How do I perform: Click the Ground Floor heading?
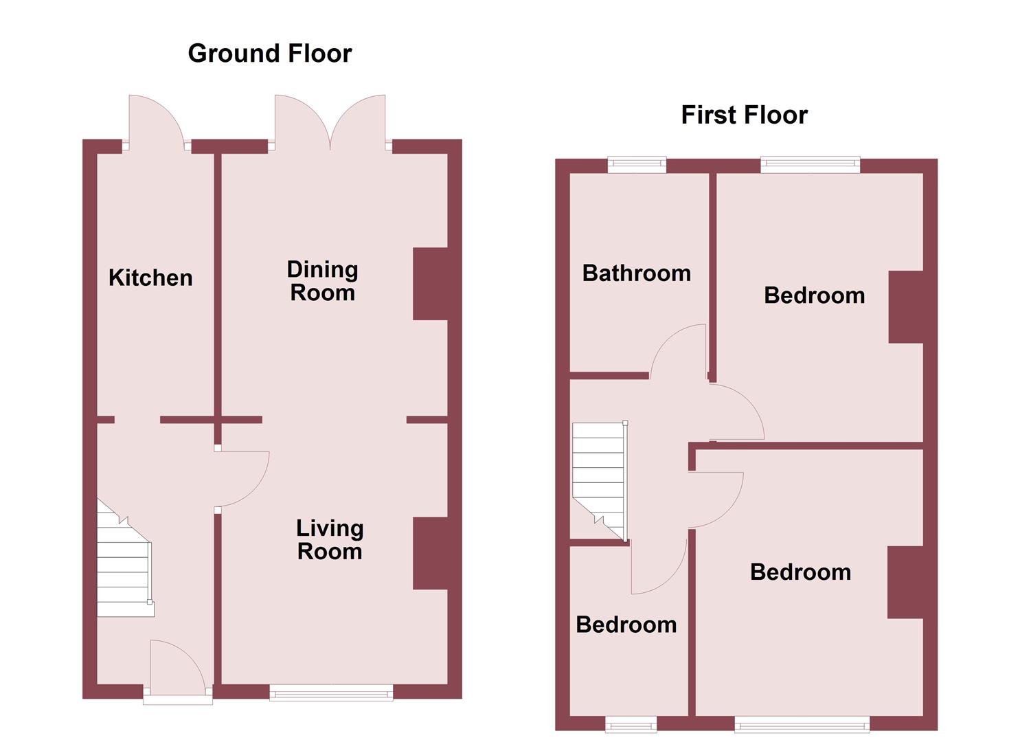point(269,54)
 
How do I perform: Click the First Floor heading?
point(744,115)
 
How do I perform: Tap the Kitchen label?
point(150,278)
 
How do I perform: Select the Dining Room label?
point(322,281)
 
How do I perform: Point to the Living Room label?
point(329,540)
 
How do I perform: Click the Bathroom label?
point(636,273)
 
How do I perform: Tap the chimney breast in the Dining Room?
point(431,284)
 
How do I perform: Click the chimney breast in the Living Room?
point(431,553)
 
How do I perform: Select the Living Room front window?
point(331,693)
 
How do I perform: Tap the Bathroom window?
point(637,164)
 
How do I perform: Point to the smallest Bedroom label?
point(626,625)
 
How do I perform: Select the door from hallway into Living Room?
point(242,479)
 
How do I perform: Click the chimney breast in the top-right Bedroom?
point(906,307)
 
